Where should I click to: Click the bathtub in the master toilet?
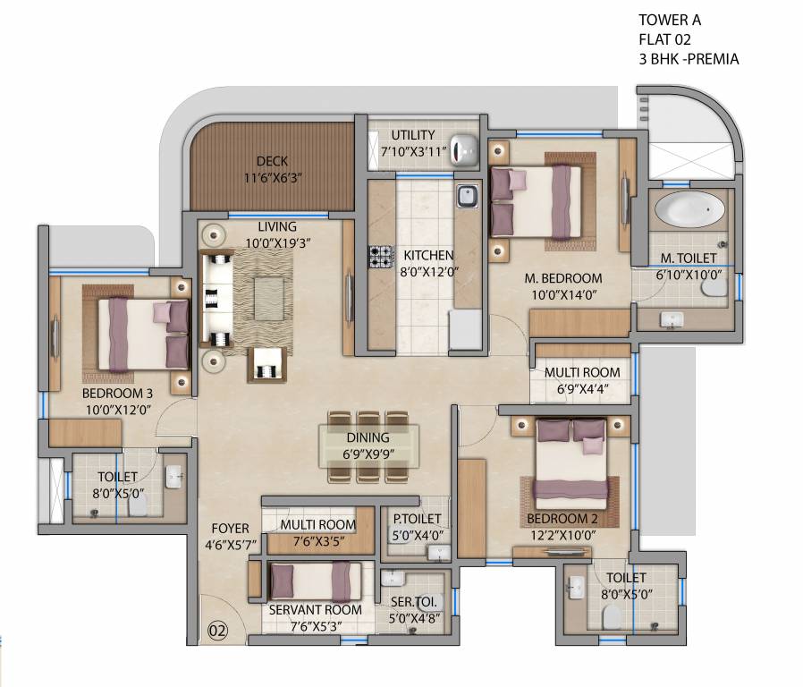click(689, 211)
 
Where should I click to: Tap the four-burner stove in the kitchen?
click(381, 257)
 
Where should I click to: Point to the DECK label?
click(272, 161)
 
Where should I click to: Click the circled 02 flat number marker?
click(218, 630)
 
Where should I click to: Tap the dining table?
click(368, 445)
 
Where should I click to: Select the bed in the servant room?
click(315, 581)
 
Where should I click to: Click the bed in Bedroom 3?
click(143, 334)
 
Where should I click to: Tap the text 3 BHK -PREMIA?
click(689, 60)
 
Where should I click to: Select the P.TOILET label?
click(418, 520)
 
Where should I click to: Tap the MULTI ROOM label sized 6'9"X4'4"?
click(582, 373)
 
